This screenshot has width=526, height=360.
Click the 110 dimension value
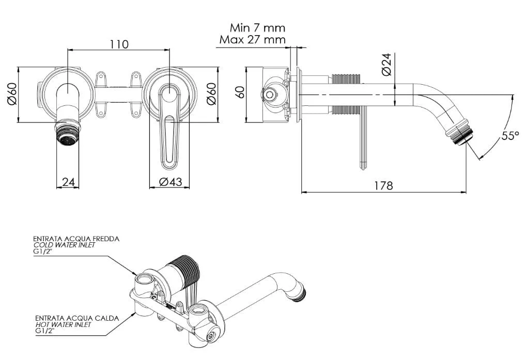tap(119, 44)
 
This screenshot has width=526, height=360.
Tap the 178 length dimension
tap(383, 185)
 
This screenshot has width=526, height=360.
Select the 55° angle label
tap(510, 136)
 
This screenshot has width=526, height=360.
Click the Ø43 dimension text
tap(171, 182)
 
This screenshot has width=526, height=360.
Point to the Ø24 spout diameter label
tap(387, 65)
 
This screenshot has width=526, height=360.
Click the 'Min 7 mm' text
tap(257, 27)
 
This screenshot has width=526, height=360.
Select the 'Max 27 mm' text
tap(253, 40)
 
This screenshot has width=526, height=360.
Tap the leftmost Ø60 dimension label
tap(12, 94)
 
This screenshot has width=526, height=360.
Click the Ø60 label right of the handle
tap(211, 94)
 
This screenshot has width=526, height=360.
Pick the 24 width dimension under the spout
tap(68, 182)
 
